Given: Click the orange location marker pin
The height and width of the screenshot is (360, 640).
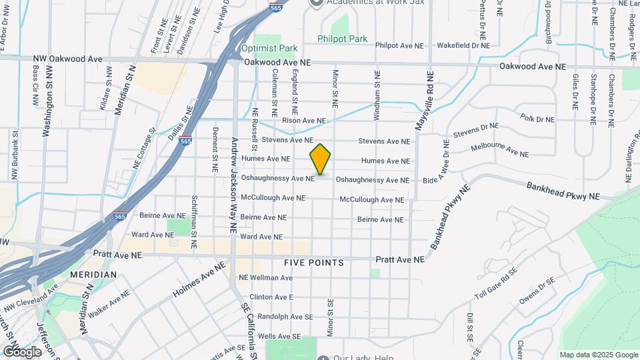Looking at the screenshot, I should [321, 159].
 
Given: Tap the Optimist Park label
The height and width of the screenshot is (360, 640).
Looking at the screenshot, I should [269, 48].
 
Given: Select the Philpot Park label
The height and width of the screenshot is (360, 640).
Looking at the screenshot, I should [342, 39].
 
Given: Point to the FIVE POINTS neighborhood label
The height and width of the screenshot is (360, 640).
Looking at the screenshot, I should [314, 263].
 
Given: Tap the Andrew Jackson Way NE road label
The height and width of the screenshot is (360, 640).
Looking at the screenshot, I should [234, 185].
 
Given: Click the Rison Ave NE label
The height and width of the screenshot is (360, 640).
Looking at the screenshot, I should [304, 121].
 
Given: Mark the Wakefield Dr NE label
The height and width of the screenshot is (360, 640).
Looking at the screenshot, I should [463, 45].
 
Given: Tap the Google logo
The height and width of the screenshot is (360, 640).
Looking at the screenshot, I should [22, 351].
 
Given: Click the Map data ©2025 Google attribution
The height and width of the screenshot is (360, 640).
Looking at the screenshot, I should [598, 355].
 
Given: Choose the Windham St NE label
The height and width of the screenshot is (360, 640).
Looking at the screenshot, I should [377, 95].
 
